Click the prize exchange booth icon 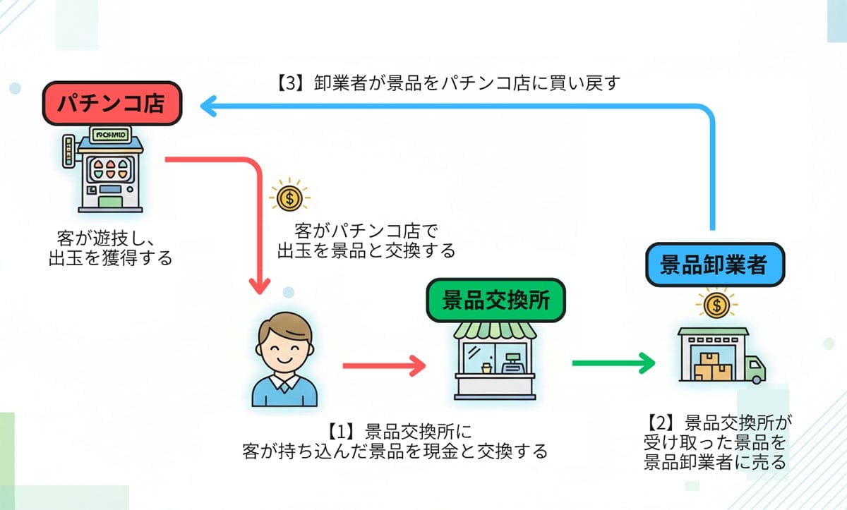pyautogui.click(x=495, y=360)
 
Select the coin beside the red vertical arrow pyautogui.click(x=288, y=198)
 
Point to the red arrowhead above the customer pyautogui.click(x=260, y=286)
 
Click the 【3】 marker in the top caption pyautogui.click(x=287, y=83)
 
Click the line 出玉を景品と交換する pyautogui.click(x=366, y=250)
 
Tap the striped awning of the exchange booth pyautogui.click(x=495, y=329)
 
